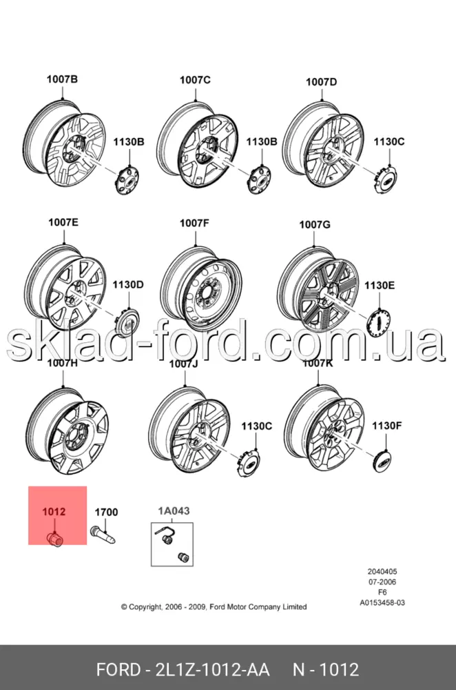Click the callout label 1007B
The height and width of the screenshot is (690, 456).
point(62,79)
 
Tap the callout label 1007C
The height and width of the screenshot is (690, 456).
point(195,80)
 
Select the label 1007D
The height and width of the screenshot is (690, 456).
point(322,82)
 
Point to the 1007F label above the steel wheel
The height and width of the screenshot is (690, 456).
point(194,223)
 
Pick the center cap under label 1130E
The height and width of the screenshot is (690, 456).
point(378,322)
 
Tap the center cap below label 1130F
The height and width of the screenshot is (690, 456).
point(385,461)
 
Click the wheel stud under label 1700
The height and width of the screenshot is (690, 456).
point(103,535)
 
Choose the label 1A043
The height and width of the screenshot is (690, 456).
point(174,511)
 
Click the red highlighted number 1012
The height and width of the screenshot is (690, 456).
point(54,512)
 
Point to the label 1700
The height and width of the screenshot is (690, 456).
point(106,512)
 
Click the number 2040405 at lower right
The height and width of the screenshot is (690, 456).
point(382,571)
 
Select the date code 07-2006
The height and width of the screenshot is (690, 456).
point(382,582)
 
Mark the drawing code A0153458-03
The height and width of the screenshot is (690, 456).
point(382,602)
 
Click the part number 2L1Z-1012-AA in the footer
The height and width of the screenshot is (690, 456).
point(212,670)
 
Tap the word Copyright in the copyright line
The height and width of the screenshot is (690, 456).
point(145,607)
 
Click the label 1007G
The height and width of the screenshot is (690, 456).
point(315,224)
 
